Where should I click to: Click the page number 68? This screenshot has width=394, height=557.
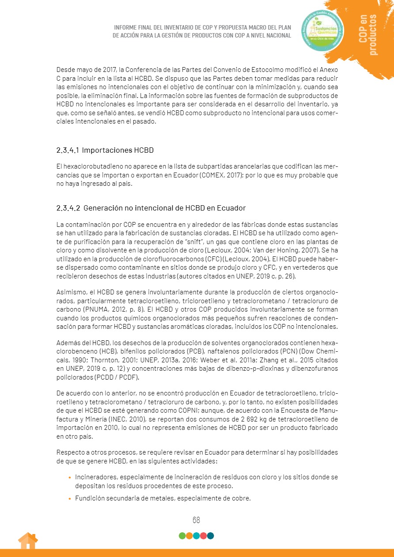point(196,520)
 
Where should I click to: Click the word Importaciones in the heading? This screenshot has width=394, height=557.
point(106,150)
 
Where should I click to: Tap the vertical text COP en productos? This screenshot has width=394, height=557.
point(368,34)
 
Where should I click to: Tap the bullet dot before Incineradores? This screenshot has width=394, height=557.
point(69,478)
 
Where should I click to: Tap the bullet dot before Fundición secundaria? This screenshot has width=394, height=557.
point(69,499)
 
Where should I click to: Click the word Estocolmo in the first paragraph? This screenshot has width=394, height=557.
point(263,70)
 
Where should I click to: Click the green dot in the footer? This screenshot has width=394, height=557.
point(182,536)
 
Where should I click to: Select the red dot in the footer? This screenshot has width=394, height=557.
point(203,536)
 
